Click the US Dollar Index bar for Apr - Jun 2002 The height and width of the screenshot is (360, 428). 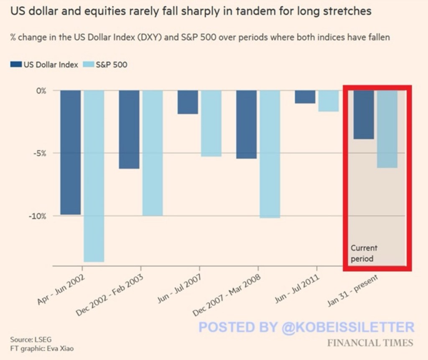pos(70,152)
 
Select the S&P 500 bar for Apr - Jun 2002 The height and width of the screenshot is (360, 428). pos(94,176)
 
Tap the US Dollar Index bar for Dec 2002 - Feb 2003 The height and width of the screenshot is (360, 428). pos(129,129)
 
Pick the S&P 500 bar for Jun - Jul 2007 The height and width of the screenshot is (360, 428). pos(211,123)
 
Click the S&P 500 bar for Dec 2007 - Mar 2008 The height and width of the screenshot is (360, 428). pos(270,154)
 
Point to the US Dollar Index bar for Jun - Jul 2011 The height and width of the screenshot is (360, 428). pos(305,97)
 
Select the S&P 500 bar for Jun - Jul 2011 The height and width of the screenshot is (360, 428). pos(328,101)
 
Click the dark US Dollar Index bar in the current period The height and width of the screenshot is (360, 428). pos(364,115)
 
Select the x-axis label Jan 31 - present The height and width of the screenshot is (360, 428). pos(353,291)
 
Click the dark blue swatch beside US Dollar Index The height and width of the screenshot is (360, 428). pos(16,65)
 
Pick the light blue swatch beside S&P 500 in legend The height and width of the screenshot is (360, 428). pos(89,65)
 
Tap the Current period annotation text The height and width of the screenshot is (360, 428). pos(364,253)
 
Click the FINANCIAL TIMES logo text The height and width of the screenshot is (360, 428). pos(370,343)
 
